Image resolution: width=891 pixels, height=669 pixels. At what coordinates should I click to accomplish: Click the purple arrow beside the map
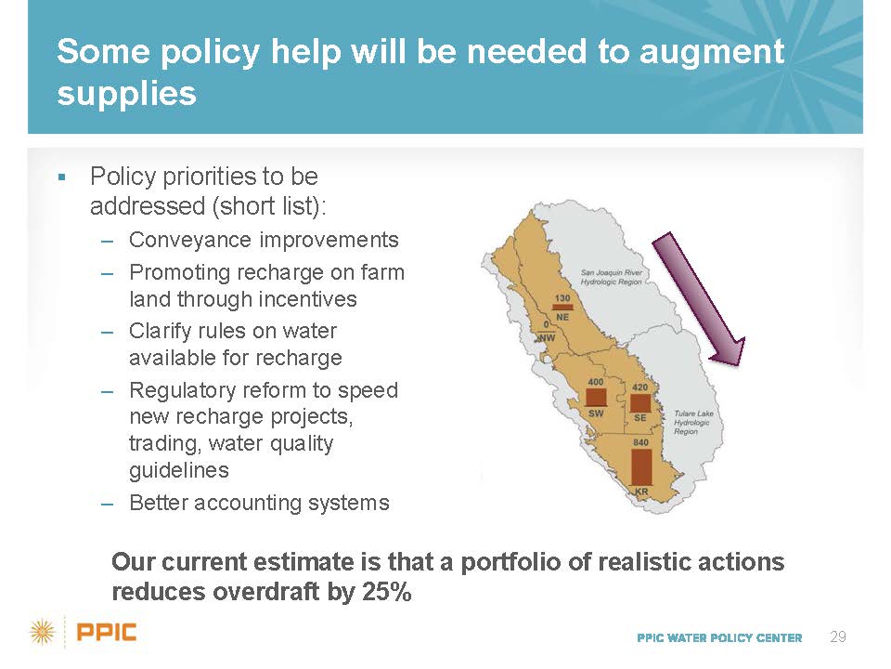click(698, 298)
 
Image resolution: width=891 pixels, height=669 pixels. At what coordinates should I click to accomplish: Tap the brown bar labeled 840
click(641, 467)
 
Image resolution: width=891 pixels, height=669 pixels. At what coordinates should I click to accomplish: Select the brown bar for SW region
click(596, 397)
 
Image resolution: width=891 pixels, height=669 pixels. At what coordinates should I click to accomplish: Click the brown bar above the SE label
click(639, 402)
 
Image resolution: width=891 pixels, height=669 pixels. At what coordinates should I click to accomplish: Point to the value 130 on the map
click(562, 298)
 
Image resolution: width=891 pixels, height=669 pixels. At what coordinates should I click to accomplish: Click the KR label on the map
click(641, 492)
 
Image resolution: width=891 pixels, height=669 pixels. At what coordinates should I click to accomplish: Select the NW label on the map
click(548, 338)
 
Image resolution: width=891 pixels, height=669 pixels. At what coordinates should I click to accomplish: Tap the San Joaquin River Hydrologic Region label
click(612, 277)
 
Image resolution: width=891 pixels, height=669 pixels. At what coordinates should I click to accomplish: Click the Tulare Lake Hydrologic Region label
click(694, 422)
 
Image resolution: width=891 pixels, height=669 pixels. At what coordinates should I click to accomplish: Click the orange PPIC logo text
click(106, 632)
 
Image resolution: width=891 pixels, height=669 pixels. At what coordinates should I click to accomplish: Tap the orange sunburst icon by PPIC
click(42, 633)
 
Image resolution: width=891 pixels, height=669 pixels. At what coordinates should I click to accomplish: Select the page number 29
click(837, 636)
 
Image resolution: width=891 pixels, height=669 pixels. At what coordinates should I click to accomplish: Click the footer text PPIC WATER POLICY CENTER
click(719, 637)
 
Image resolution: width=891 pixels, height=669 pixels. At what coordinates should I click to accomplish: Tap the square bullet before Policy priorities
click(62, 177)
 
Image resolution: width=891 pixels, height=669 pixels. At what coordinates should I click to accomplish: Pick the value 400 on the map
click(596, 382)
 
